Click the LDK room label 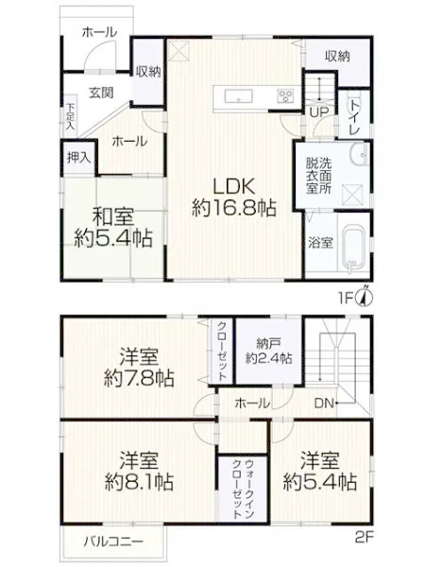coord(234,198)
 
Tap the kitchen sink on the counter coord(239,96)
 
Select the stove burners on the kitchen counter coord(285,96)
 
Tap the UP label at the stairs coord(319,112)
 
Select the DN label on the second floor coord(324,404)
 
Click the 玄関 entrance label coord(101,93)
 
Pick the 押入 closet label coord(78,158)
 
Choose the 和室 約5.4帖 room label coord(113,227)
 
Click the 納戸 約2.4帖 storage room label coord(268,351)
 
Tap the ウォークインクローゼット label coord(243,489)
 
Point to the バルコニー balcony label coord(113,541)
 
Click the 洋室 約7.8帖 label coord(139,367)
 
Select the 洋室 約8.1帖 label coord(139,470)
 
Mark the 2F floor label coord(364,538)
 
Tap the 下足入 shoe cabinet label coord(70,117)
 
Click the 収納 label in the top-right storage coord(337,57)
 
